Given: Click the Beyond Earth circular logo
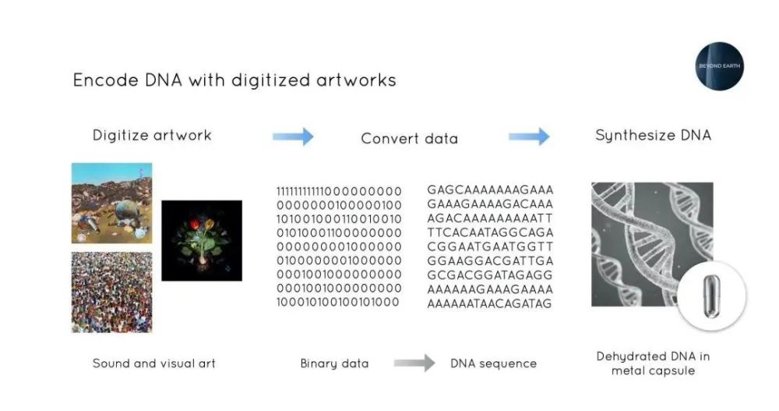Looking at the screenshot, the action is click(719, 66).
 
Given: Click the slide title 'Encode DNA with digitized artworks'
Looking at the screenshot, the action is click(234, 80).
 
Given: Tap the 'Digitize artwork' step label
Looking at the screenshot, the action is click(152, 136).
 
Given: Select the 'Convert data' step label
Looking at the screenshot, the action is click(410, 138).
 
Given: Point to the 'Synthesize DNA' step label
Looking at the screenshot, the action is click(654, 136).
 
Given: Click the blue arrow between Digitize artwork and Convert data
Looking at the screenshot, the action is click(293, 136).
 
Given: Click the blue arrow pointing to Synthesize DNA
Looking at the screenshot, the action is click(529, 136).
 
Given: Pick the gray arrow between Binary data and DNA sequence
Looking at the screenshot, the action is click(414, 363).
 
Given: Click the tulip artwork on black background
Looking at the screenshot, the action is click(202, 240).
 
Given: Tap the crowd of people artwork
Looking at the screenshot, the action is click(111, 292).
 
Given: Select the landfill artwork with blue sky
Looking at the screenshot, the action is click(111, 203).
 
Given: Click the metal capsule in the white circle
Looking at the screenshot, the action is click(711, 296).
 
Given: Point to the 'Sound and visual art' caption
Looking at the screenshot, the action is click(154, 363).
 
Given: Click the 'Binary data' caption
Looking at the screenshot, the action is click(334, 363).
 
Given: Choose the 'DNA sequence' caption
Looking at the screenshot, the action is click(493, 363).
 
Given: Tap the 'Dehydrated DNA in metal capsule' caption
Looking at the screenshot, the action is click(654, 363).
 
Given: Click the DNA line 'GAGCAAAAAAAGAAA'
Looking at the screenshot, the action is click(490, 190).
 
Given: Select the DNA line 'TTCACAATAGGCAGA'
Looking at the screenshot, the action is click(490, 232).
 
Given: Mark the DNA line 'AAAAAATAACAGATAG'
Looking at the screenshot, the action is click(489, 303).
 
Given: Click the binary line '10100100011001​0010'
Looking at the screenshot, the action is click(339, 219).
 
